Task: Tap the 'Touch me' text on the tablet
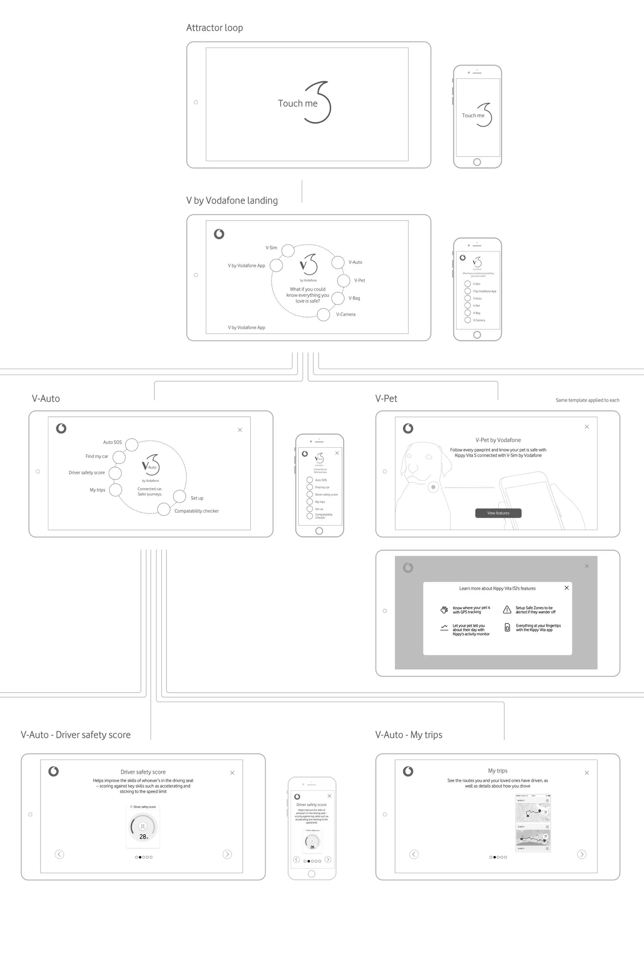(x=297, y=103)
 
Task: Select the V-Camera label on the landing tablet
(x=346, y=315)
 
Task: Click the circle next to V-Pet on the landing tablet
(x=343, y=281)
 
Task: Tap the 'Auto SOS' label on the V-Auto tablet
(x=112, y=442)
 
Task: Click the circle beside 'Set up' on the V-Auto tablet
(x=180, y=496)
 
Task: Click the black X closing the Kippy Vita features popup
(x=566, y=588)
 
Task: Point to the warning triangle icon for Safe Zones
(x=507, y=610)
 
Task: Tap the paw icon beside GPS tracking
(x=444, y=610)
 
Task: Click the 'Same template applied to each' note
(x=587, y=400)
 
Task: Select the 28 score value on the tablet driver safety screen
(x=142, y=837)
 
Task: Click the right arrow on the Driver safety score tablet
(x=227, y=854)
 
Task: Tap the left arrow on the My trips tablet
(x=414, y=854)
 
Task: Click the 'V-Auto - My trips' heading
(x=409, y=735)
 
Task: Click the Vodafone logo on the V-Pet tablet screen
(x=408, y=428)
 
